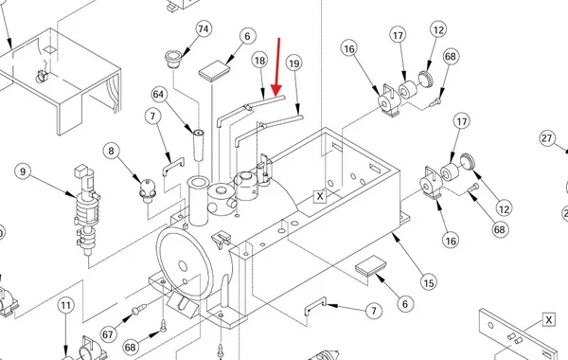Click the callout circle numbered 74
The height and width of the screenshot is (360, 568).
(204, 28)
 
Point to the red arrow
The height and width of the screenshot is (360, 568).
(277, 66)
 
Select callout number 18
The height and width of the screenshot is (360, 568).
(259, 61)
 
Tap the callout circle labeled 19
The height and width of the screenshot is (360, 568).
(293, 63)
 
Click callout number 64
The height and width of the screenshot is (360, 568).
(158, 94)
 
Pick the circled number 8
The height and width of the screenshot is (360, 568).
(111, 151)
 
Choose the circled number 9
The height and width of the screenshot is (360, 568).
(23, 171)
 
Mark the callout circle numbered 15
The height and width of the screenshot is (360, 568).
(429, 282)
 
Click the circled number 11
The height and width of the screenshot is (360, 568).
(65, 305)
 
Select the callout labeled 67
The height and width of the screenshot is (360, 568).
(108, 333)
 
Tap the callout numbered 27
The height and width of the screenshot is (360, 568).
(547, 138)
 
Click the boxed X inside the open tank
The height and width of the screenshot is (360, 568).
(320, 196)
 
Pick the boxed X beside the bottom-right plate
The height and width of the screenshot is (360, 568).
(549, 320)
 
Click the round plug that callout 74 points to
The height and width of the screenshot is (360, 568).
(173, 59)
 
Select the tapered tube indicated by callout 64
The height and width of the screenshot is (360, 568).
(198, 145)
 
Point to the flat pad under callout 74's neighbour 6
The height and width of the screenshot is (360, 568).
(215, 71)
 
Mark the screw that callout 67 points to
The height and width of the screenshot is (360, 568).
(139, 309)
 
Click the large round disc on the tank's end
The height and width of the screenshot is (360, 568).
(185, 261)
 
